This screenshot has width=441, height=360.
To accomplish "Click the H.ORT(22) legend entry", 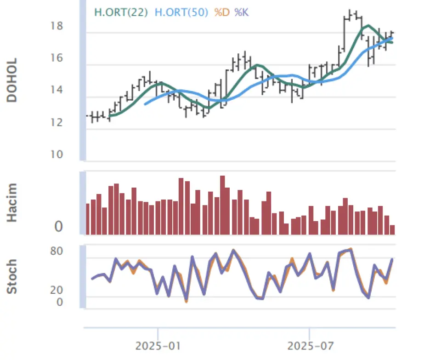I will coord(121,12).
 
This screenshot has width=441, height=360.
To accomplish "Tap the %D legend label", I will coord(223,12).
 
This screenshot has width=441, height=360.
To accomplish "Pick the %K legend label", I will coord(242,12).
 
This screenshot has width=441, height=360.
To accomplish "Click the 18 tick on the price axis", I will coord(57,26).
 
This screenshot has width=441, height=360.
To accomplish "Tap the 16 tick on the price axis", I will coord(57,58).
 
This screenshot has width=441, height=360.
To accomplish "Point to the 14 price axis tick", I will coord(57,91).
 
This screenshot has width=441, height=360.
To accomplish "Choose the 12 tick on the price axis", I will coord(57,123).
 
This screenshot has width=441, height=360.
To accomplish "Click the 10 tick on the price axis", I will coord(57,154).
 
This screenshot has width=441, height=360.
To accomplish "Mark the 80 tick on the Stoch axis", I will coord(57,251).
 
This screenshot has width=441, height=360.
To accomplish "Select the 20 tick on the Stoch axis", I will coord(57,290).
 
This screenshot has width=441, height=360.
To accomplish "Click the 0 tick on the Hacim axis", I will coord(58,227).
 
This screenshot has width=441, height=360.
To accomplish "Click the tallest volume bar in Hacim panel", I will coord(222,205).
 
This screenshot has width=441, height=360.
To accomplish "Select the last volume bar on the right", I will coord(392,229).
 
